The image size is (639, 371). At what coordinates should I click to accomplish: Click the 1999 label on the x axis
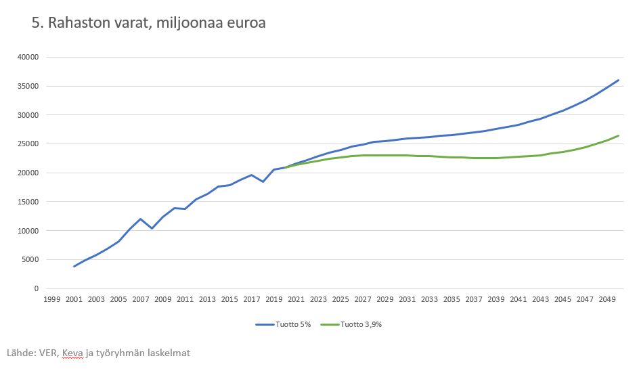(52, 299)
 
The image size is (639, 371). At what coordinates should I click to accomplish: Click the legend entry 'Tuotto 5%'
(284, 324)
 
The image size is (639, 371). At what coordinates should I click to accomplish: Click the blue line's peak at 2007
(141, 219)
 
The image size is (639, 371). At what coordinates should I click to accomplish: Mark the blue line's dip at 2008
(152, 228)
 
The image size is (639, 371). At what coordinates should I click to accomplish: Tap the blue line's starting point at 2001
(74, 266)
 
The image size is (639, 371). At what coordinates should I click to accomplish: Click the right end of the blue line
(619, 80)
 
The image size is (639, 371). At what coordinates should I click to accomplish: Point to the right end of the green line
(619, 135)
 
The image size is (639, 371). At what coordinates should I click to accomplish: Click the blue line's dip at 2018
(263, 181)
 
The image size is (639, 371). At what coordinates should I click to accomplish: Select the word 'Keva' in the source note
(72, 353)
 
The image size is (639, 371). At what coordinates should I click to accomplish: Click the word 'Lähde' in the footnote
(20, 353)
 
